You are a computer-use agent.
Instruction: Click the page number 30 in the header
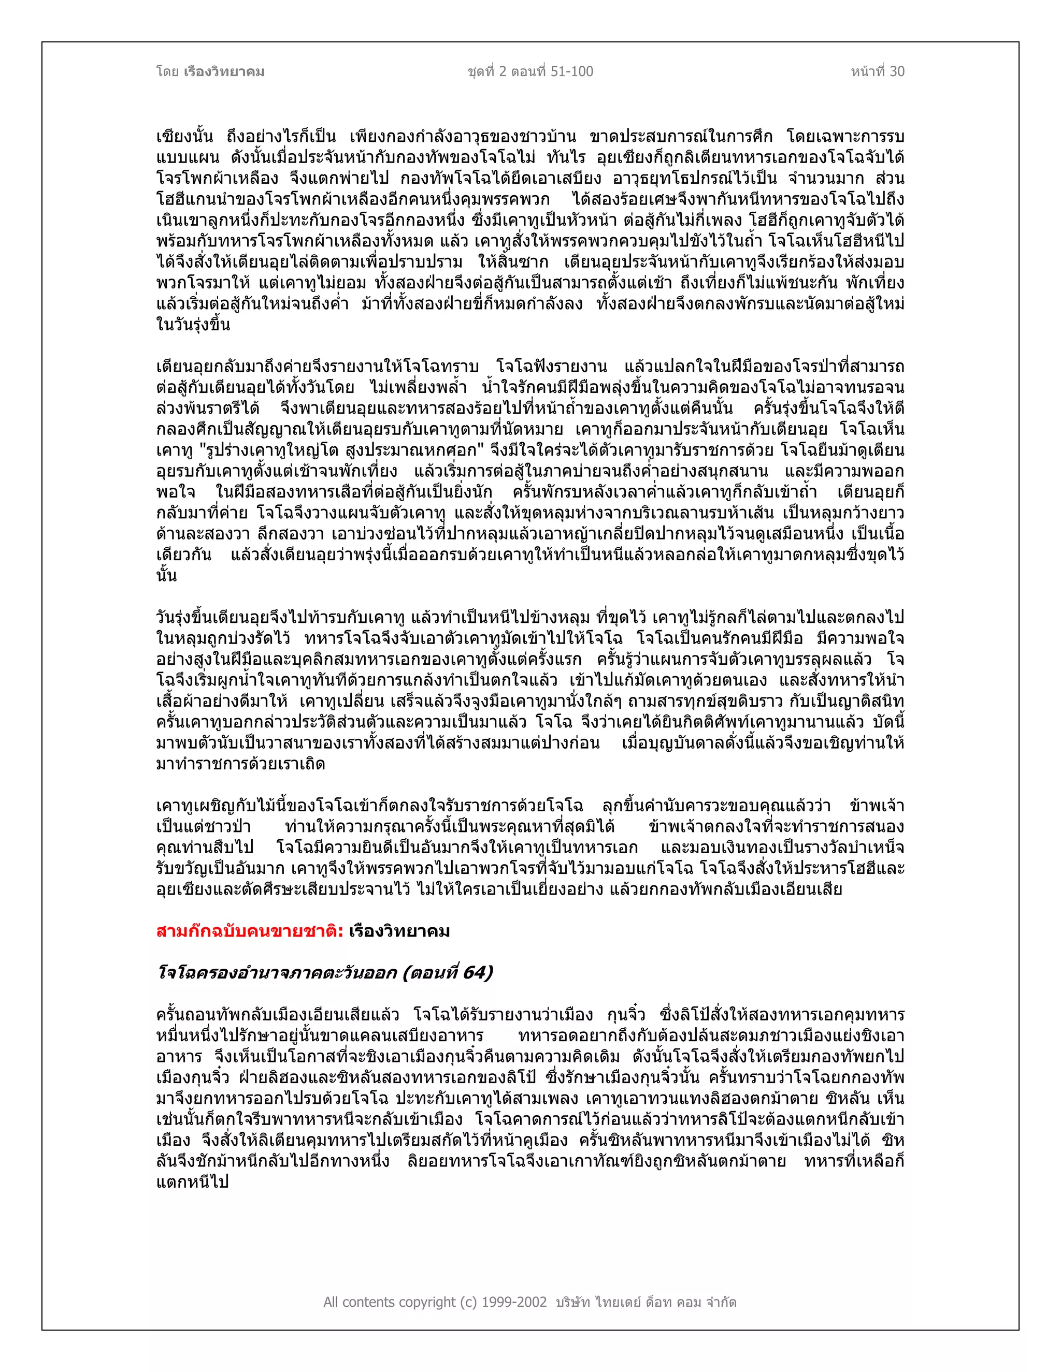click(897, 71)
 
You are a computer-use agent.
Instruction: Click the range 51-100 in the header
click(571, 71)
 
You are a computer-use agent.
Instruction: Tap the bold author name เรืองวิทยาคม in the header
click(224, 71)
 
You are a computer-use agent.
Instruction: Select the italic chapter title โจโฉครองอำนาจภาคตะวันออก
click(277, 973)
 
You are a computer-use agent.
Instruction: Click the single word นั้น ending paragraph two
click(167, 576)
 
